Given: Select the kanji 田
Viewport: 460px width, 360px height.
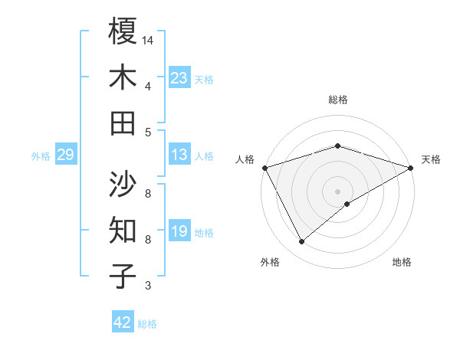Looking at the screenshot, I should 123,123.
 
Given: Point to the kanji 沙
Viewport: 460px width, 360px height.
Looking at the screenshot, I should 123,185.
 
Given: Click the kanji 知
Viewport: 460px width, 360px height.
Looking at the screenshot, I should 123,231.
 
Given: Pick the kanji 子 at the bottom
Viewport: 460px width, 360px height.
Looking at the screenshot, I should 123,277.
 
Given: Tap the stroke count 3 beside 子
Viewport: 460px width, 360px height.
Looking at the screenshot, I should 148,286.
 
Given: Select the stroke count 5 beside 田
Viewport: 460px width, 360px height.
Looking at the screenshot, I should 148,132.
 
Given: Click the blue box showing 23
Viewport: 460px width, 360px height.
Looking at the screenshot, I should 179,77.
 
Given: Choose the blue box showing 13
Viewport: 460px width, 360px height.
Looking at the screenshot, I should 179,155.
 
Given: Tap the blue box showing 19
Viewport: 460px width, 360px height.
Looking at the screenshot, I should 179,232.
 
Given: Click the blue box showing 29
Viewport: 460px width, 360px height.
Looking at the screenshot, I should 65,155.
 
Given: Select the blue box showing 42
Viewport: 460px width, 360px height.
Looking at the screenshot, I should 123,322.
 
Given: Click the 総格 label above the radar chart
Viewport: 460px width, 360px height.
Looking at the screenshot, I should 338,100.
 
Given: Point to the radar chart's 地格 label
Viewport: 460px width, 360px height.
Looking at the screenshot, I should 402,262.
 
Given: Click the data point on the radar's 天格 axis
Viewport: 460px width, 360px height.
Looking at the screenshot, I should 411,168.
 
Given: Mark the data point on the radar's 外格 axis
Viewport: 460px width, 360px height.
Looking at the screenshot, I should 301,242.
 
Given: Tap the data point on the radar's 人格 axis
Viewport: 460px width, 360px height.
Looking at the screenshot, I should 264,168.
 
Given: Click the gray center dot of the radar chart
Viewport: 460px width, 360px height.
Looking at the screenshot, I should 338,191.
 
